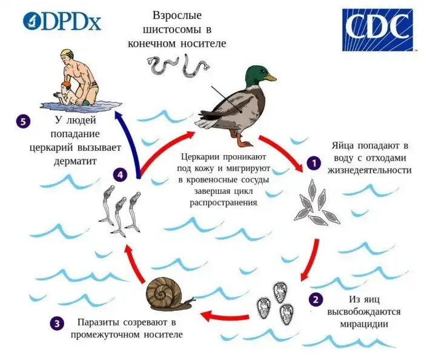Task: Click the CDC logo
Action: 377,30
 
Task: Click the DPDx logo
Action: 62,21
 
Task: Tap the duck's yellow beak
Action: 271,78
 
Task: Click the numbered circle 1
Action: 314,163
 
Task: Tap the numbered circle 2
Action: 316,299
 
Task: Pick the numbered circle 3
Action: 57,324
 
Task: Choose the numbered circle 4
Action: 121,175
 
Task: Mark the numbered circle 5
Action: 23,121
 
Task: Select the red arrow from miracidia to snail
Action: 225,316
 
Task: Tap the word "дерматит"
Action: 75,161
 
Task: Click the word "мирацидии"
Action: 363,324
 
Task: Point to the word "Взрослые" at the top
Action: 177,16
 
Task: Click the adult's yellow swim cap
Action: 67,53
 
